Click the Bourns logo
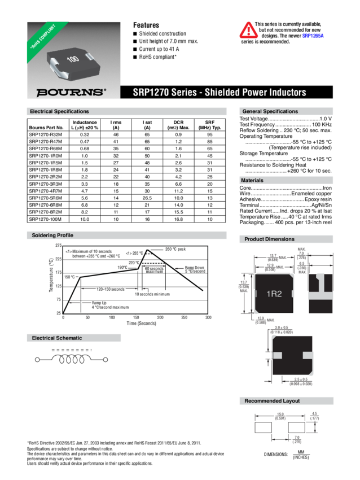pos(71,92)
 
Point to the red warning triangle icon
pos(247,30)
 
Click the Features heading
pos(146,25)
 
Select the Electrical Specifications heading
pos(59,112)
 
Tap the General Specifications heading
pos(271,112)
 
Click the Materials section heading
pos(256,180)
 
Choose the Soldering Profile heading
pos(53,235)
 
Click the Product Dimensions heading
pos(269,239)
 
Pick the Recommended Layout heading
pos(272,401)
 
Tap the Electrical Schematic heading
pos(57,338)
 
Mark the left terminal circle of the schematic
pos(38,359)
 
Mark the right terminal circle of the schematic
pos(105,359)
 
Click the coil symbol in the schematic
pos(72,359)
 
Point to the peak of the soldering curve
pos(147,249)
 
